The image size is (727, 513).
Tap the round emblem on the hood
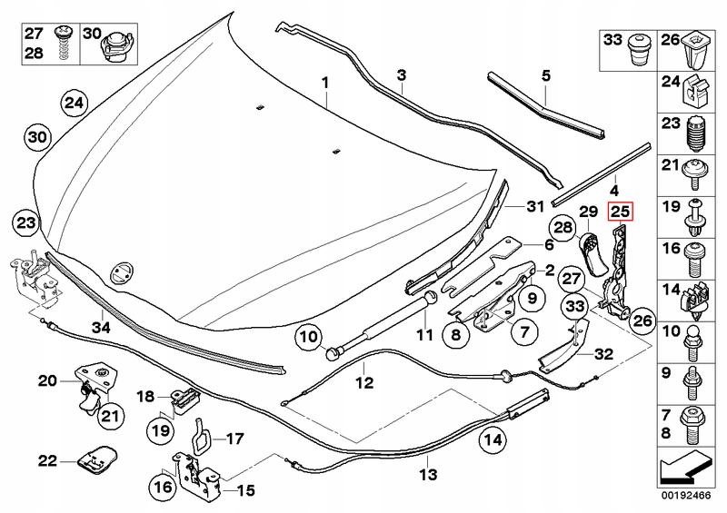point(120,271)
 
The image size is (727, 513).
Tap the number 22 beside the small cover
point(47,460)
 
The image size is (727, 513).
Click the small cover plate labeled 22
point(95,459)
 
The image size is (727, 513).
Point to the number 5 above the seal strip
point(546,74)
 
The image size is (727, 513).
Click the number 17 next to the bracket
point(234,439)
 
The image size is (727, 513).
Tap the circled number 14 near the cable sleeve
point(492,441)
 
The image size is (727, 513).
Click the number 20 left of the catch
point(47,380)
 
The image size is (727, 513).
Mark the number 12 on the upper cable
point(364,382)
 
